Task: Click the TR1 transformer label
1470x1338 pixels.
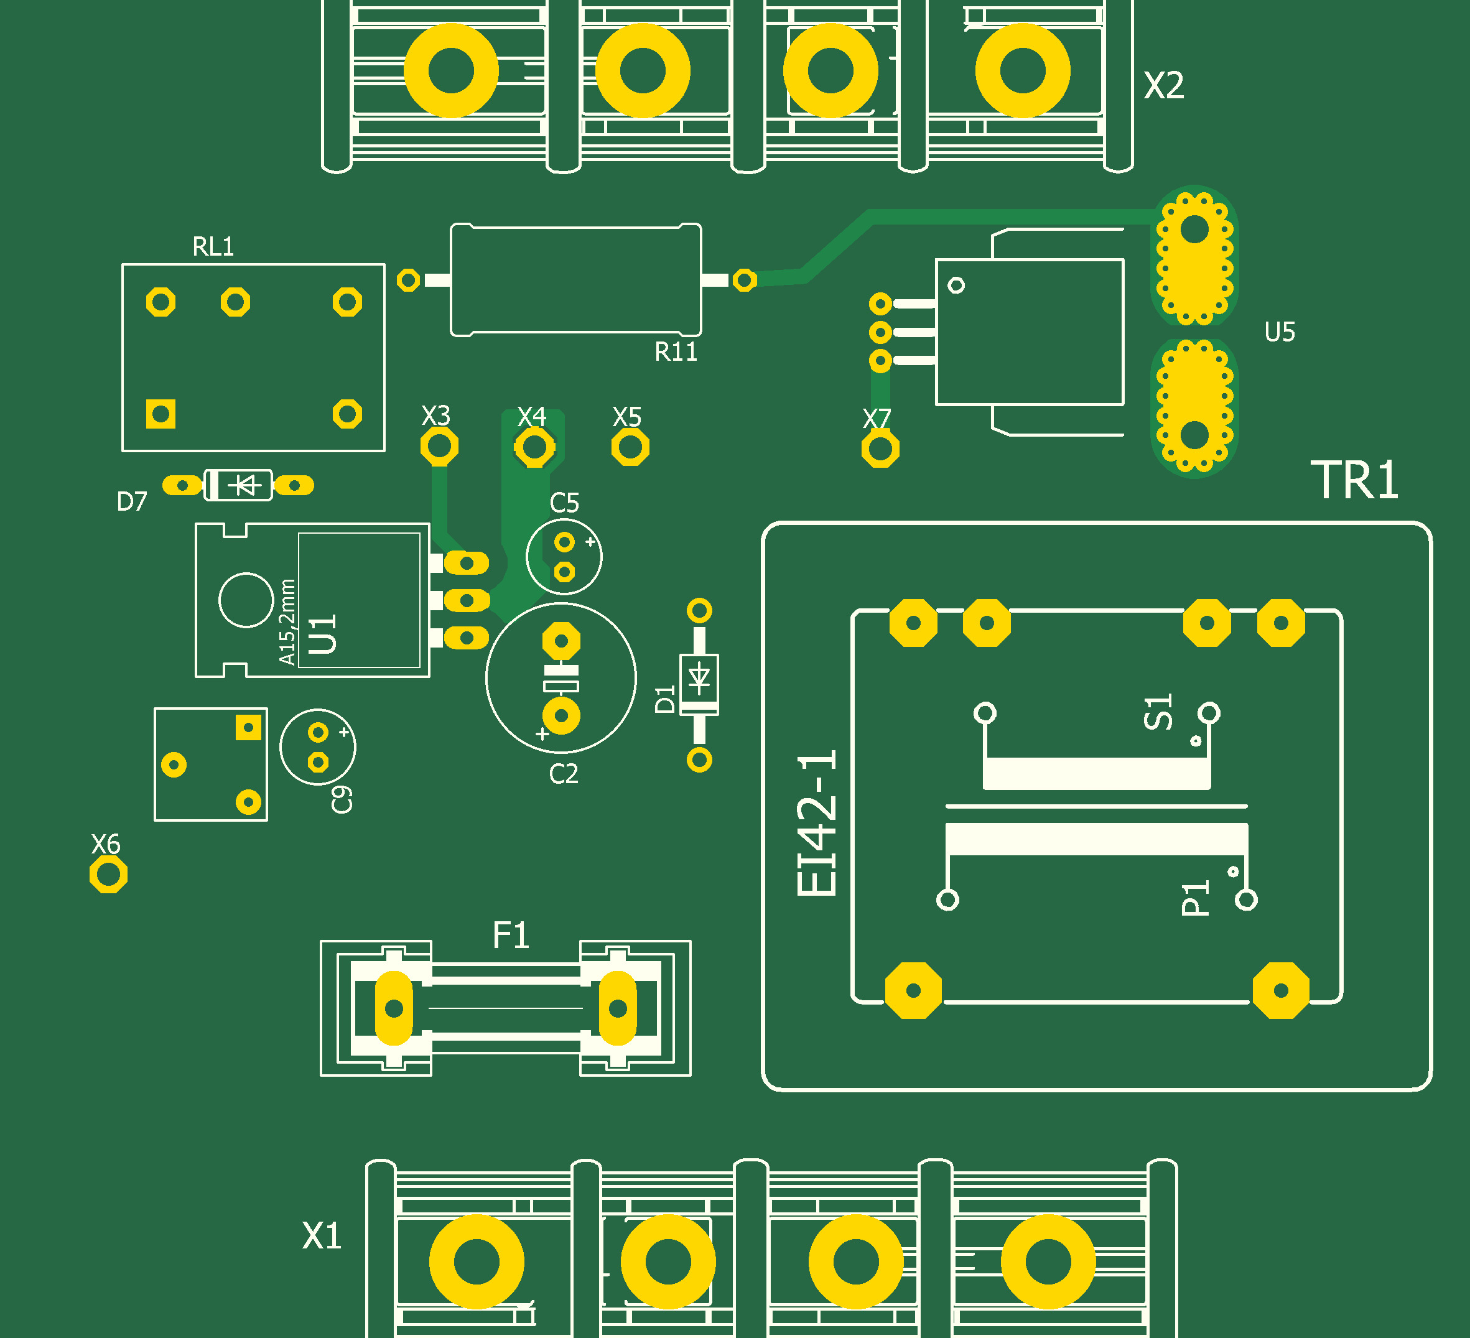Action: coord(1355,480)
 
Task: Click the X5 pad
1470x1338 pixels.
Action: coord(630,447)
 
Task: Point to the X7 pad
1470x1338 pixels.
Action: coord(880,449)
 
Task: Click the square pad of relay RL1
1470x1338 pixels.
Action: coord(160,414)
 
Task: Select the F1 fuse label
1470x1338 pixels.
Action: coord(510,936)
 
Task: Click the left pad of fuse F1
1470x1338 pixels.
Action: coord(394,1008)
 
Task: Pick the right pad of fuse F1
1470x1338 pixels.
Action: coord(618,1008)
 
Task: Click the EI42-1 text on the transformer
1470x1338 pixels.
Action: coord(817,822)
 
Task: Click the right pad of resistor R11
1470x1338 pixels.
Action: coord(744,280)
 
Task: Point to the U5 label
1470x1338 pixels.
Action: coord(1280,333)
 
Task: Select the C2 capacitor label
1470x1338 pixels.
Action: coord(564,774)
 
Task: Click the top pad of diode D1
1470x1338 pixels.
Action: coord(699,610)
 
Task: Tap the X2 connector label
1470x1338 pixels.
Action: coord(1164,86)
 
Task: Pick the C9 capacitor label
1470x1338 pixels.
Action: coord(342,799)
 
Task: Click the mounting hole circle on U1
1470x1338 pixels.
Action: coord(246,600)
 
